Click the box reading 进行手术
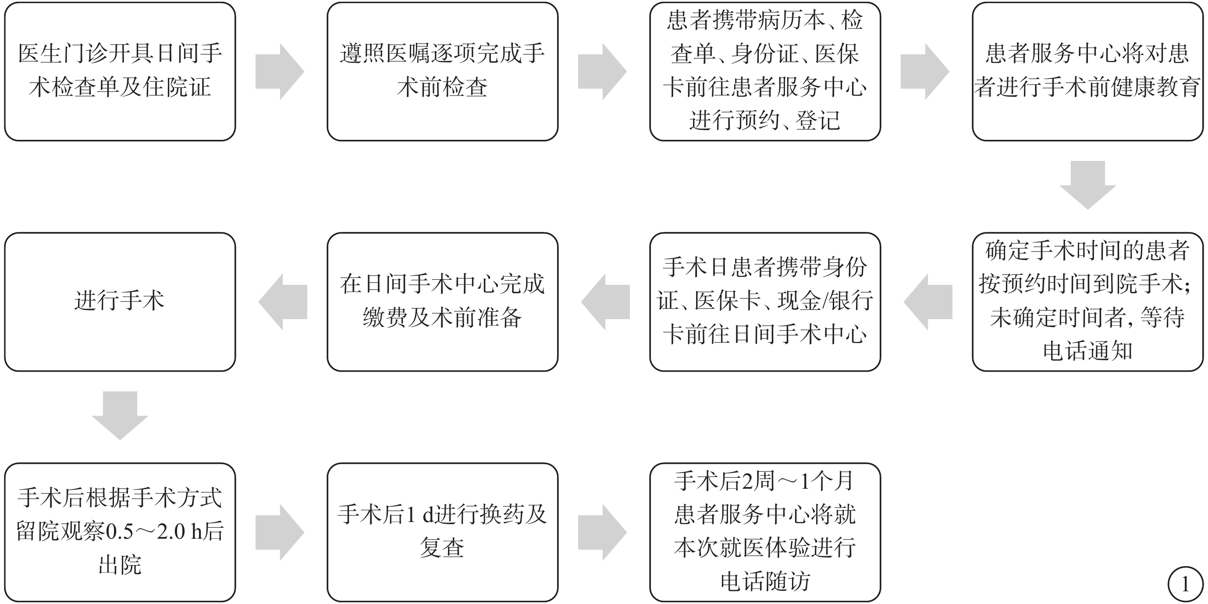pos(120,302)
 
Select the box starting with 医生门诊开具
pos(120,71)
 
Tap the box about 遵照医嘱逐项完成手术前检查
pos(443,71)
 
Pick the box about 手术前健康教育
pos(1088,71)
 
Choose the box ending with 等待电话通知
pos(1088,302)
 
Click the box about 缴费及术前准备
pos(443,302)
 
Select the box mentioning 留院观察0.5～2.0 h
pos(120,532)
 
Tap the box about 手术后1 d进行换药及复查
pos(443,532)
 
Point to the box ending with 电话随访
pos(765,532)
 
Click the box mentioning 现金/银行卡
pos(765,302)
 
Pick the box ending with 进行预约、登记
pos(765,71)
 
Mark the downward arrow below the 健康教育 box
pos(1088,185)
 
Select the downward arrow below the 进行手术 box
pos(120,416)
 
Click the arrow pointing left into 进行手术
pos(283,302)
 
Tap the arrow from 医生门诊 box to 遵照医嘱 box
pos(280,71)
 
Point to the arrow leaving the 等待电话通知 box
pos(928,302)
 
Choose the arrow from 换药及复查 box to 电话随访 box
pos(603,532)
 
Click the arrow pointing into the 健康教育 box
pos(925,71)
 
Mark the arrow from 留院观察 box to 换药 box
pos(280,532)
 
